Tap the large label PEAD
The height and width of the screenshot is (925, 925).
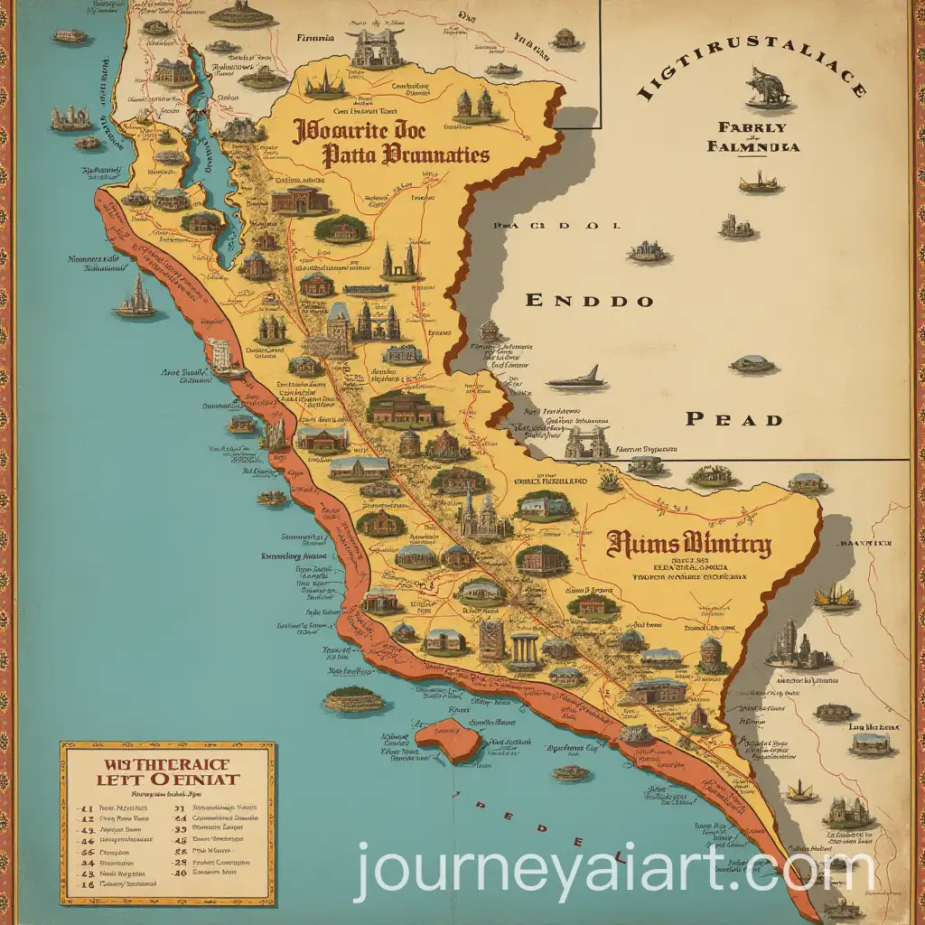[733, 418]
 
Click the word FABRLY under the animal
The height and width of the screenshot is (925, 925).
[765, 127]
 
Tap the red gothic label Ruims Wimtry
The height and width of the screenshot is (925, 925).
[689, 545]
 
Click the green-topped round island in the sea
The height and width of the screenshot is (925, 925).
[354, 698]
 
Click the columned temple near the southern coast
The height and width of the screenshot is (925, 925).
[524, 649]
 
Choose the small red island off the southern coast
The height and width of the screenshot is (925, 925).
[451, 738]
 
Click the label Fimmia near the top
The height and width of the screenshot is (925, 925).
[315, 39]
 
